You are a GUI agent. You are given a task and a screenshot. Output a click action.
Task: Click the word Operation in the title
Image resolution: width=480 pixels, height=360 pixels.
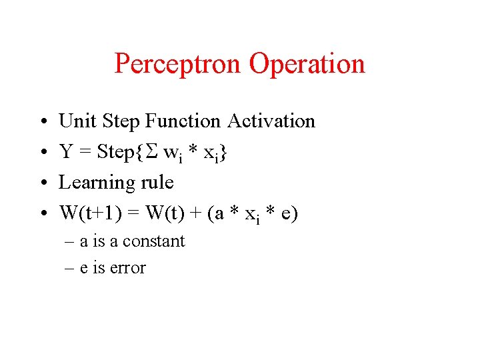[x=307, y=64]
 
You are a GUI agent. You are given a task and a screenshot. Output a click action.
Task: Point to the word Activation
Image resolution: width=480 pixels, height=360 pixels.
[x=271, y=121]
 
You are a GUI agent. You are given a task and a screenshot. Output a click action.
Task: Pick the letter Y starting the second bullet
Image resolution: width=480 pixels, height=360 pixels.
[x=66, y=152]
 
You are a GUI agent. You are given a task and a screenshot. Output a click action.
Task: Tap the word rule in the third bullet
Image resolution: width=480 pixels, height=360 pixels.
[x=155, y=183]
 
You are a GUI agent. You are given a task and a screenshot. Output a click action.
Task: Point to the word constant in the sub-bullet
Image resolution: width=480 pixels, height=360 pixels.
[x=157, y=241]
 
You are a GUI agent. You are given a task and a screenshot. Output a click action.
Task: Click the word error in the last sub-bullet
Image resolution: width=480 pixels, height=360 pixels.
[x=130, y=268]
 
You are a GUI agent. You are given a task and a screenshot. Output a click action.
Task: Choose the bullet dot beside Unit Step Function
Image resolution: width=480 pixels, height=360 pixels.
[x=42, y=122]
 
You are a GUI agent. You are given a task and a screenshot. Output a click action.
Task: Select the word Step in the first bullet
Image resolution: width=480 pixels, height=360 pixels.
[x=121, y=121]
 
